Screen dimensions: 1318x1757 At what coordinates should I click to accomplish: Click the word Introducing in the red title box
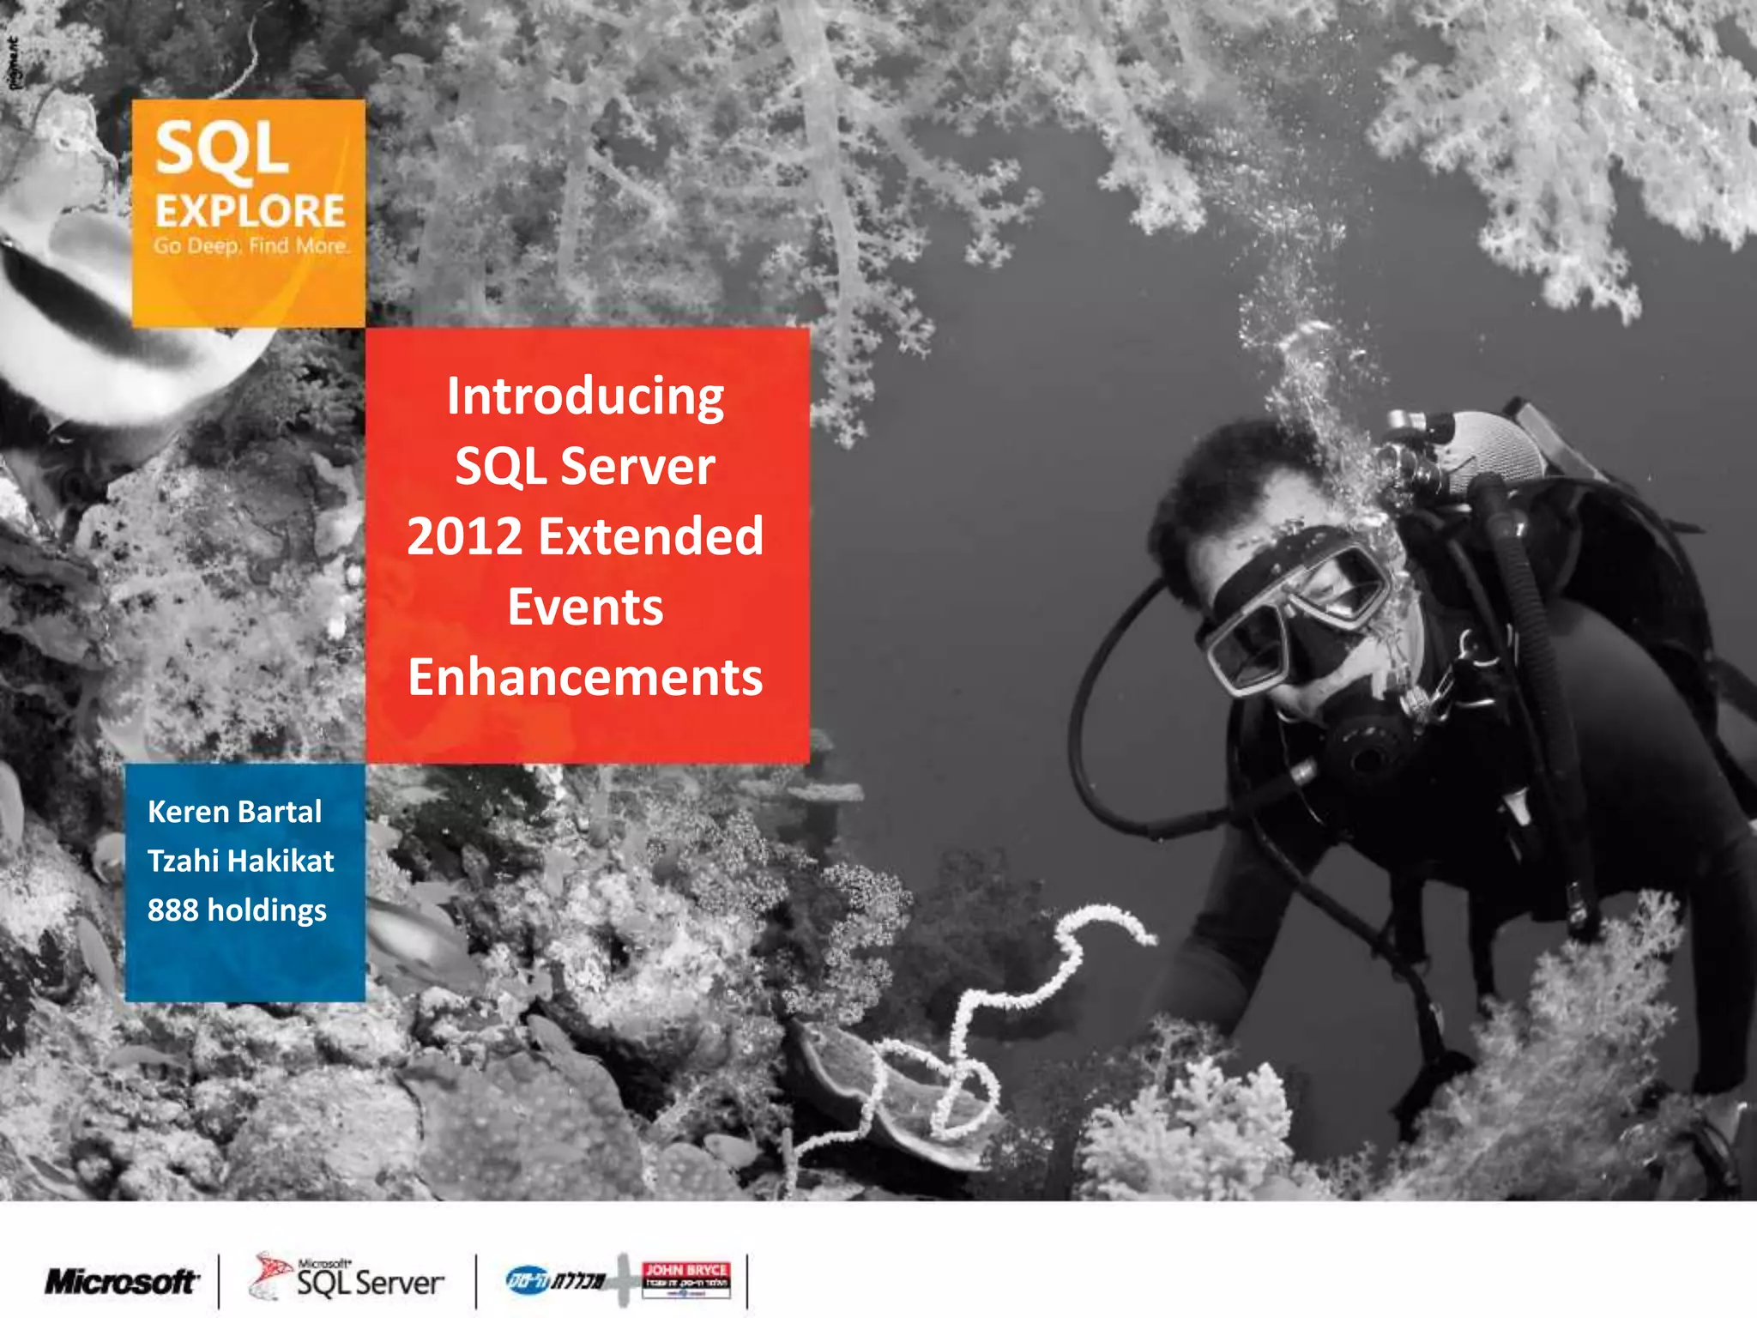pyautogui.click(x=585, y=398)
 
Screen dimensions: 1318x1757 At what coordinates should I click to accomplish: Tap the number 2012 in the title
pyautogui.click(x=464, y=537)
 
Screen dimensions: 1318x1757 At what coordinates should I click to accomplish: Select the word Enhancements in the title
pyautogui.click(x=585, y=678)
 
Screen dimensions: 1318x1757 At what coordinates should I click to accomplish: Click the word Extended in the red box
pyautogui.click(x=650, y=537)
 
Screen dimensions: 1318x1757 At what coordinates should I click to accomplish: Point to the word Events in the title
pyautogui.click(x=585, y=608)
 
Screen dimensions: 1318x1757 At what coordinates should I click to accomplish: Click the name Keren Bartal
pyautogui.click(x=234, y=812)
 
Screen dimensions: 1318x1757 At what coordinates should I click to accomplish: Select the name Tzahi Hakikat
pyautogui.click(x=240, y=861)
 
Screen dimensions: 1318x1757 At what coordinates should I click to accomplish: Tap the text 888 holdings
pyautogui.click(x=237, y=910)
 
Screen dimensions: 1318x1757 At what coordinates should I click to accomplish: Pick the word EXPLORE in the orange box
pyautogui.click(x=250, y=211)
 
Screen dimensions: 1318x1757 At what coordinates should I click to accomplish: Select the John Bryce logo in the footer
pyautogui.click(x=685, y=1279)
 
